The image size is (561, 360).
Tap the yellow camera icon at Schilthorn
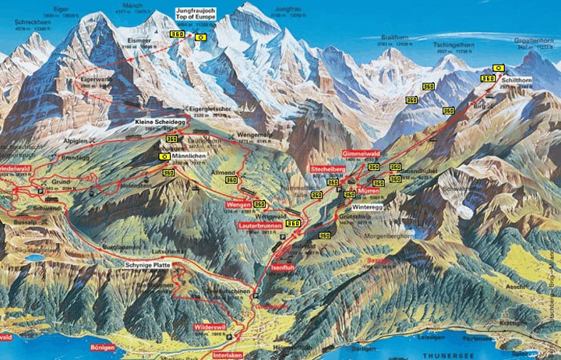pyautogui.click(x=498, y=68)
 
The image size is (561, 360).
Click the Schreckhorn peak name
pyautogui.click(x=30, y=22)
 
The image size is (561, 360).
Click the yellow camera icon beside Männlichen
pyautogui.click(x=164, y=156)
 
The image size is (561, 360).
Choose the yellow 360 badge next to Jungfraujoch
pyautogui.click(x=177, y=36)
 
